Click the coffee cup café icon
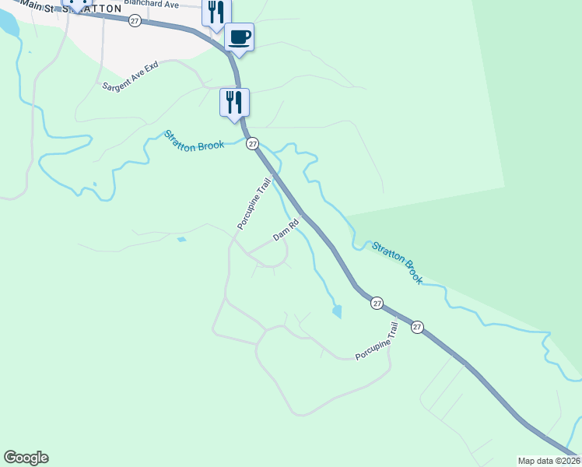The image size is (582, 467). click(x=239, y=37)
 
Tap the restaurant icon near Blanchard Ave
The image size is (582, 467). click(x=216, y=12)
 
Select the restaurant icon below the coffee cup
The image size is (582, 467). click(x=234, y=101)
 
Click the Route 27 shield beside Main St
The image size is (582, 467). click(x=135, y=21)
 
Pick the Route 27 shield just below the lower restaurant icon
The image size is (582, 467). click(x=251, y=143)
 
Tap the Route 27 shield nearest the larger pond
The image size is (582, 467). click(x=377, y=303)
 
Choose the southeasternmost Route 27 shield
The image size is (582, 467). click(x=418, y=327)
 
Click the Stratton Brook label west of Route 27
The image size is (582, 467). click(x=194, y=139)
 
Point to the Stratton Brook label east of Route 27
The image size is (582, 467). click(x=397, y=262)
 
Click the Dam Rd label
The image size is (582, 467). click(x=286, y=231)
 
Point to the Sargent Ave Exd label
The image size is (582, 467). click(x=130, y=75)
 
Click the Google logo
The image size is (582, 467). click(x=26, y=458)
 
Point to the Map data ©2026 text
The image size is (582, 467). click(x=549, y=461)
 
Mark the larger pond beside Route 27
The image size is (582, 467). click(x=336, y=311)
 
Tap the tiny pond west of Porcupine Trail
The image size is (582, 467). click(x=181, y=240)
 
